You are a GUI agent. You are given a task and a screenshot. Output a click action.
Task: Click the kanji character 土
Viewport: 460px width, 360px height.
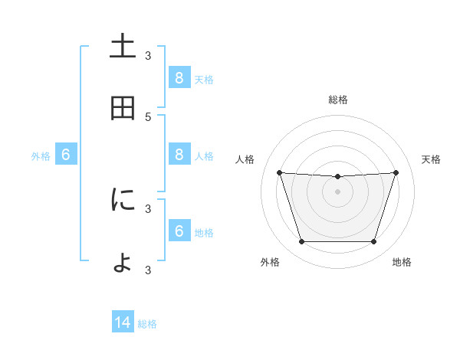tap(123, 46)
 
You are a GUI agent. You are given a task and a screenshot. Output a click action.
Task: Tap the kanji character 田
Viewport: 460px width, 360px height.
tap(123, 109)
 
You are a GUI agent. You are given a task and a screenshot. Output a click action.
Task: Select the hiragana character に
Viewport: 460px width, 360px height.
tap(123, 201)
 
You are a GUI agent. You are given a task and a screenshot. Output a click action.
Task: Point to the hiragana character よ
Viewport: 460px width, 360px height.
tap(123, 263)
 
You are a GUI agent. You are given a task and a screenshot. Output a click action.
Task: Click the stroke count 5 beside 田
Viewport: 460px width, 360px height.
tap(148, 116)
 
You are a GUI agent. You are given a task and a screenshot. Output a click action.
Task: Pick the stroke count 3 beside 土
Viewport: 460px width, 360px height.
tap(148, 55)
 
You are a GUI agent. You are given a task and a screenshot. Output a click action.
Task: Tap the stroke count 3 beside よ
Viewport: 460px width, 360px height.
tap(148, 270)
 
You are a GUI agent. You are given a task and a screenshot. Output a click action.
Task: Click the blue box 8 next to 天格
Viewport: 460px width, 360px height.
tap(179, 77)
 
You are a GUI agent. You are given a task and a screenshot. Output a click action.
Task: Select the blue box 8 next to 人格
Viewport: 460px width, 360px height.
tap(179, 155)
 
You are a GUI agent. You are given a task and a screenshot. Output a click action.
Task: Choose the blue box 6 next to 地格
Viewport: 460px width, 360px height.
tap(179, 231)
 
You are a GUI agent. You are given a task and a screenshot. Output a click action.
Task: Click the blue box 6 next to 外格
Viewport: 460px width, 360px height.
tap(66, 155)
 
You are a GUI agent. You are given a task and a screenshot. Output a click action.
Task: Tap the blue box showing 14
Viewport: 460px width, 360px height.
tap(123, 323)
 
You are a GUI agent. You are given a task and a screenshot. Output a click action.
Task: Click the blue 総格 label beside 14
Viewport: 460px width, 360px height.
tap(147, 324)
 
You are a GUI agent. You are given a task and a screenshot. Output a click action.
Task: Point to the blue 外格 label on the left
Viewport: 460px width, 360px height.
tap(41, 156)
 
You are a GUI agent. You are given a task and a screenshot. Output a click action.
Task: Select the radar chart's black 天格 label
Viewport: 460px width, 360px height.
tap(431, 159)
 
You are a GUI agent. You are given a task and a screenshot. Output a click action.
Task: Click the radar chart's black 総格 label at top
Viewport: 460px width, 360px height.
tap(337, 100)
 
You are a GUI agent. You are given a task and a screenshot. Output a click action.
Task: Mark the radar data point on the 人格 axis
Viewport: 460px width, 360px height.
tap(279, 173)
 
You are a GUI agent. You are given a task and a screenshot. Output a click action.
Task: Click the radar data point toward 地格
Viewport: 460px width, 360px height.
tap(373, 242)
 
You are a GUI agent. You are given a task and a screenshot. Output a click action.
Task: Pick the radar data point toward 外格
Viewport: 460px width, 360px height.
tap(301, 242)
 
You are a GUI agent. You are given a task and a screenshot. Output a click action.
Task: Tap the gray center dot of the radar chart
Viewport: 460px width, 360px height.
tap(337, 191)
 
